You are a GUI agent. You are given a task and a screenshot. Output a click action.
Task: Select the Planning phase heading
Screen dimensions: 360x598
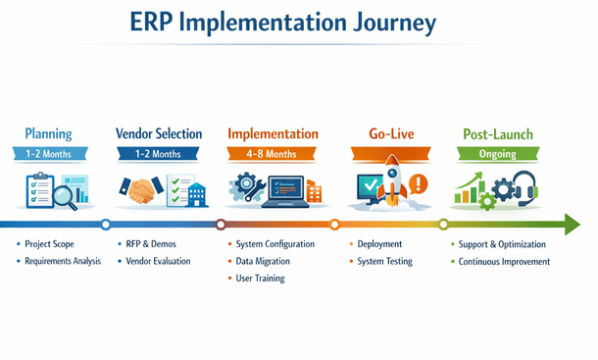[x=48, y=133]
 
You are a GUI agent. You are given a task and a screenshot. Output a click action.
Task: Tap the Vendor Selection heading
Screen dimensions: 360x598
[x=159, y=133]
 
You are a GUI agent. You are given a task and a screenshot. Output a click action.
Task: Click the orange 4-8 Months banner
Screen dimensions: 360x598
[x=272, y=154]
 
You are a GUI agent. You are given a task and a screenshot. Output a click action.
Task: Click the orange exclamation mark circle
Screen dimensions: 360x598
[x=420, y=183]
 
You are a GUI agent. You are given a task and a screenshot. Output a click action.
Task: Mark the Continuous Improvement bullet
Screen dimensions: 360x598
[x=504, y=262]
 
